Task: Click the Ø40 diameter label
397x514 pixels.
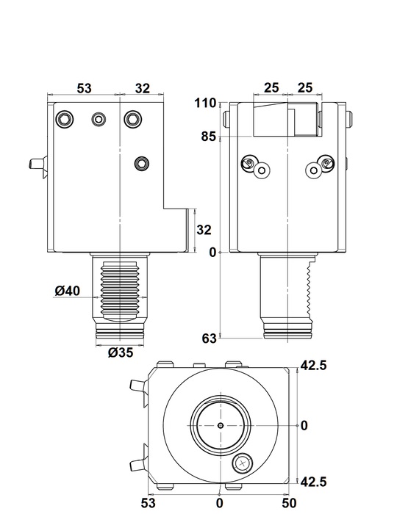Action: (x=67, y=291)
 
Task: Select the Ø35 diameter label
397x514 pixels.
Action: (x=121, y=352)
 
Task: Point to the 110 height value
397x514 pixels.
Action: (x=205, y=103)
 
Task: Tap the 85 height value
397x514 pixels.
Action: (x=209, y=137)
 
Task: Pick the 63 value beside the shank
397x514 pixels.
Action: (x=209, y=339)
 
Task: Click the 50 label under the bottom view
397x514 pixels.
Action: (x=289, y=503)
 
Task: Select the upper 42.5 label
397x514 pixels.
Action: (x=314, y=365)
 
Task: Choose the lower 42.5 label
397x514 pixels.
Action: (x=314, y=482)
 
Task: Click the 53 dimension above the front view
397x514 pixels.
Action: (x=85, y=88)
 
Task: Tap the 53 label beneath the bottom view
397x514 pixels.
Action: (x=149, y=503)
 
